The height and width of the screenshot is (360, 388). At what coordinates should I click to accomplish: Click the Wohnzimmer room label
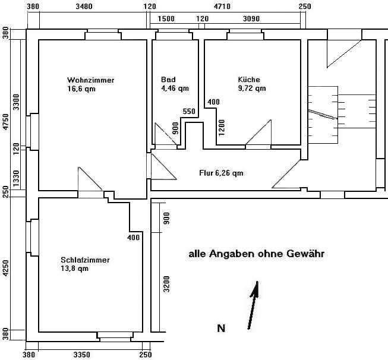(90, 80)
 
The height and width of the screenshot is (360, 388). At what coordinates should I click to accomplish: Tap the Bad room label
(168, 80)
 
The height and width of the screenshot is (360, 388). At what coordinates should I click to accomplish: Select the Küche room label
(249, 80)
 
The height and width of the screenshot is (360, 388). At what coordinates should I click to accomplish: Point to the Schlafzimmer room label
(85, 260)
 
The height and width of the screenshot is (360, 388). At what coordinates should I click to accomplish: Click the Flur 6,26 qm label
(221, 173)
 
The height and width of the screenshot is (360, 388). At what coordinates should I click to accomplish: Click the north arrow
(253, 305)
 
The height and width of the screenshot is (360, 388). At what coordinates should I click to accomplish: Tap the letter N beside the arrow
(221, 329)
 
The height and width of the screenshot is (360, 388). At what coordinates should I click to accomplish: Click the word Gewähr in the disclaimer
(305, 254)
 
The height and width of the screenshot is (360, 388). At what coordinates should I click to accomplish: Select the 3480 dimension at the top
(84, 6)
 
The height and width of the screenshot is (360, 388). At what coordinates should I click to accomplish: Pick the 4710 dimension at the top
(222, 6)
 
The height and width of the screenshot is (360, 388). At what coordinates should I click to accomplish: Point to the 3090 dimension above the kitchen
(251, 18)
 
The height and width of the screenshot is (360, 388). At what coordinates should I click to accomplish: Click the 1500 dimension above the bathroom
(166, 18)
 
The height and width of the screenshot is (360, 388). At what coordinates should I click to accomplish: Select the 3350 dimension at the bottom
(82, 355)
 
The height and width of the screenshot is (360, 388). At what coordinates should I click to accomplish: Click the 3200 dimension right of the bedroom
(167, 284)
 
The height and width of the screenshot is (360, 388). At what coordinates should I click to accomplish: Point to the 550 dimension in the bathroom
(189, 111)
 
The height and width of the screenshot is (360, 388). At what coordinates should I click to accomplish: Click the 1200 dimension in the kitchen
(222, 128)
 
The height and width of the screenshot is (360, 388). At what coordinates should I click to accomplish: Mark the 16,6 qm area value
(81, 89)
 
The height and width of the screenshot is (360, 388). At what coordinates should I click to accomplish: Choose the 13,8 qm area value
(74, 268)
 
